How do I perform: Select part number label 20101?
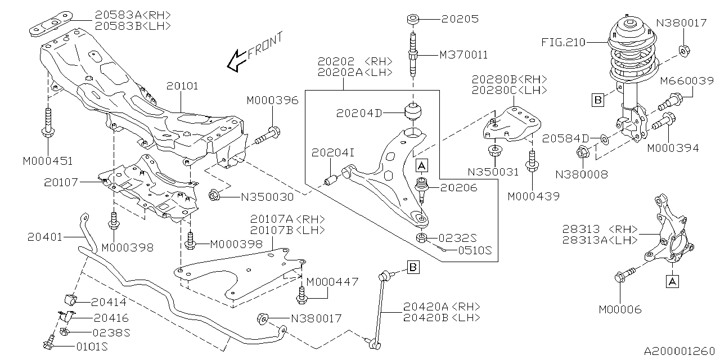tap(183, 87)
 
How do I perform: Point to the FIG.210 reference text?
tap(563, 42)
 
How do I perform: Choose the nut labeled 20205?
tap(413, 20)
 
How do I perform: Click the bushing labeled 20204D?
tap(413, 111)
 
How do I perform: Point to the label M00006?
tap(619, 309)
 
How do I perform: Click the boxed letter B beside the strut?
tap(598, 101)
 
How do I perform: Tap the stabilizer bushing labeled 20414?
tap(71, 300)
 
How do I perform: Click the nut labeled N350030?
tap(214, 196)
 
